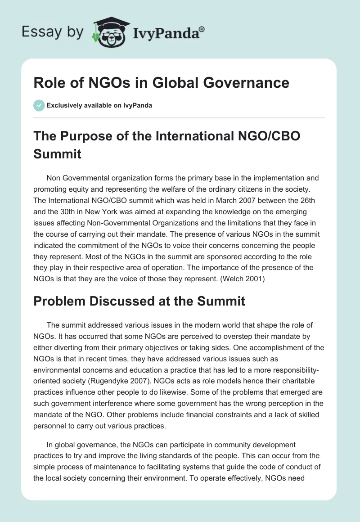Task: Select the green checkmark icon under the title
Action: tap(39, 105)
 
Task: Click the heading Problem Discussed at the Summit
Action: tap(139, 301)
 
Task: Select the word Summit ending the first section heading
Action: tap(57, 154)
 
